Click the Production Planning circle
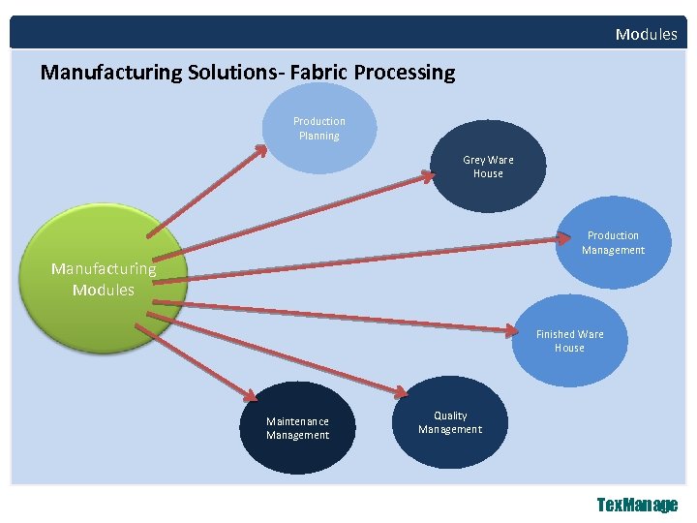[x=319, y=129]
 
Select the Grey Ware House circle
[x=488, y=167]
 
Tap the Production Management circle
[x=613, y=243]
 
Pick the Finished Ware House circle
[x=570, y=341]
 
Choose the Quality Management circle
[x=450, y=422]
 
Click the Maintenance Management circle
[x=297, y=428]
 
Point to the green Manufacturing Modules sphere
[x=104, y=280]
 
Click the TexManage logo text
[x=637, y=505]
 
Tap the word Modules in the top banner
[x=646, y=35]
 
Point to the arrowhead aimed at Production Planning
[x=261, y=150]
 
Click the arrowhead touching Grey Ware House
[x=428, y=176]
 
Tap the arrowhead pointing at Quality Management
[x=400, y=389]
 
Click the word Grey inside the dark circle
[x=474, y=160]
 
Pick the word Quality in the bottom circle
[x=450, y=415]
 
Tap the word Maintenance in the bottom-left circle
[x=297, y=421]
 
